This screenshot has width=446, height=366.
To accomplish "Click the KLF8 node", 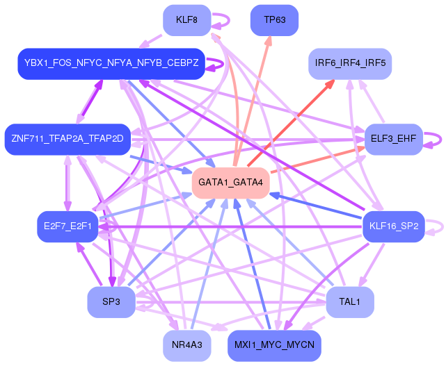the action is tap(187, 20).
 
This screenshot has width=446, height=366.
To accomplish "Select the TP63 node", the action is tap(274, 20).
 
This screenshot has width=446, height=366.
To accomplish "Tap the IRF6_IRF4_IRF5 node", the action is tap(350, 64).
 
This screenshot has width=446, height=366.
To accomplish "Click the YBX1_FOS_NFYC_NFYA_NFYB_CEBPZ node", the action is tap(111, 64).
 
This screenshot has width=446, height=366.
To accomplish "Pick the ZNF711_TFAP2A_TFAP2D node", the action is tap(67, 139).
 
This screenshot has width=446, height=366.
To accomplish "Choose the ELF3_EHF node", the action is tap(394, 139).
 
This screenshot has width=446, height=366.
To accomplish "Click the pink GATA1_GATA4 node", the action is tap(231, 183).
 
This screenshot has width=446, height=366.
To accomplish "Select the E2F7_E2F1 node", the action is tap(67, 226).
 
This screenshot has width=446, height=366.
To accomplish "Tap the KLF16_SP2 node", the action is tap(394, 226).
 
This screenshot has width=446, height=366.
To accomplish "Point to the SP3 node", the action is tap(111, 302).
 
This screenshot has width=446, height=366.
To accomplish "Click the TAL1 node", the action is tap(350, 302).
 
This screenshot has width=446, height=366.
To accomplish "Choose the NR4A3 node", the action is tap(187, 346).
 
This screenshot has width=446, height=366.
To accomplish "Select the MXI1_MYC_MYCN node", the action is tap(274, 346).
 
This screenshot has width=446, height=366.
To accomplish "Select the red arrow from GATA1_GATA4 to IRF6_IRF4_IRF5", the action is tap(291, 123).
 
